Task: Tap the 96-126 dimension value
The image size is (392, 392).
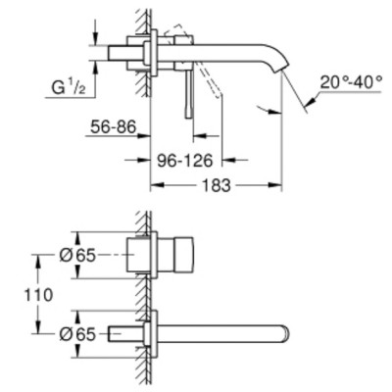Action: tap(188, 156)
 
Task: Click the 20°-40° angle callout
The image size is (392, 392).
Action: tap(350, 84)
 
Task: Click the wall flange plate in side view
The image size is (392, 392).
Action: tap(153, 58)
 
